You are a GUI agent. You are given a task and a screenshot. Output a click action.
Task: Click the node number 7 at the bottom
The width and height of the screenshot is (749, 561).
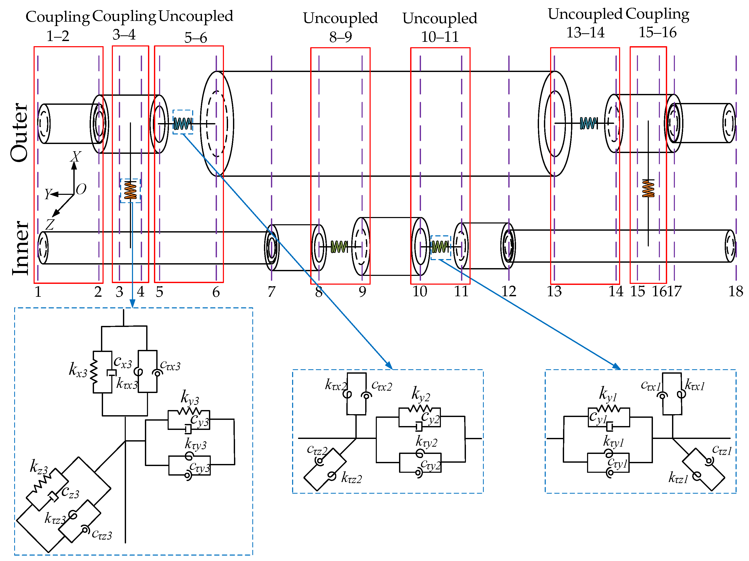click(x=271, y=292)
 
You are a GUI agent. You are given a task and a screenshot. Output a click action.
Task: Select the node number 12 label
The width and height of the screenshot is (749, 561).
click(x=508, y=292)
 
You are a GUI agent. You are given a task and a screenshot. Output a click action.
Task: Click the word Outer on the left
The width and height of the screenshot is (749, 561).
click(x=20, y=133)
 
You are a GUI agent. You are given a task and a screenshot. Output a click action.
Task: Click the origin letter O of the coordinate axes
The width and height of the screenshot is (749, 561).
click(x=81, y=189)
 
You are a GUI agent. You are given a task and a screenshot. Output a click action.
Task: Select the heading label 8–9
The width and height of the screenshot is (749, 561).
click(x=340, y=37)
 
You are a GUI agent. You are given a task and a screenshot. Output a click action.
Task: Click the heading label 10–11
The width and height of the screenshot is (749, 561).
click(x=440, y=37)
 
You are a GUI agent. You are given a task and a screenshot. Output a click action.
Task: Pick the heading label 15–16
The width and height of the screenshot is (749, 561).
click(x=657, y=33)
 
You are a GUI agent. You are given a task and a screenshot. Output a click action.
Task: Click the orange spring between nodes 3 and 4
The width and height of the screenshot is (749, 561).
click(x=130, y=190)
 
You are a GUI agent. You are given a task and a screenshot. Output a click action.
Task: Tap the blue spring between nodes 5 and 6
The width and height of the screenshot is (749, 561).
click(x=182, y=124)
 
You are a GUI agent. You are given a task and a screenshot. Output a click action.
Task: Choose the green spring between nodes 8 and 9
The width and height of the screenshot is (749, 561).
click(x=339, y=247)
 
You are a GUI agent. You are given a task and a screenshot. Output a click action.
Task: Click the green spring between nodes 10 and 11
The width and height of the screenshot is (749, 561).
click(x=440, y=247)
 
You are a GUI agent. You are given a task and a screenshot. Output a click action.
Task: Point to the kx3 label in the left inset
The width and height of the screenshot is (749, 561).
click(x=78, y=370)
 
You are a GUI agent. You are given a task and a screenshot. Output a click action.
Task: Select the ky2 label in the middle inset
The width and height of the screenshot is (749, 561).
click(x=420, y=394)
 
